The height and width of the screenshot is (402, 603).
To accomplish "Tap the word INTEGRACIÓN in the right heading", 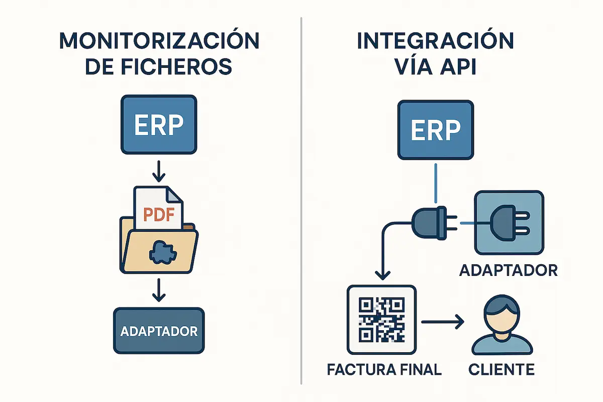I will [x=435, y=42].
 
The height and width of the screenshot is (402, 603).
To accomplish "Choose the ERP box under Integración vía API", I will [x=435, y=129].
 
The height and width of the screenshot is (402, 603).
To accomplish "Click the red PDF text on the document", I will [x=158, y=215].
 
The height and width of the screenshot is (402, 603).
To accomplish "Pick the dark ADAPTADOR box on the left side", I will [x=159, y=331].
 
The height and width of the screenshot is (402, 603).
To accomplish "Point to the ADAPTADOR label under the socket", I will [x=508, y=270].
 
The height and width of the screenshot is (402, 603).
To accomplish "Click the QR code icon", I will [x=381, y=319].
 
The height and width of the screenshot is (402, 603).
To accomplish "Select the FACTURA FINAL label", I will [x=384, y=370].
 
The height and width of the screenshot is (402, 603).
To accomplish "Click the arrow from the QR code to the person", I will [x=442, y=322].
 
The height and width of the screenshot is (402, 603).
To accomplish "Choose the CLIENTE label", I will [x=501, y=370].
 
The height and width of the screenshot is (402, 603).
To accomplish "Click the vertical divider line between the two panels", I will [x=301, y=201].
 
